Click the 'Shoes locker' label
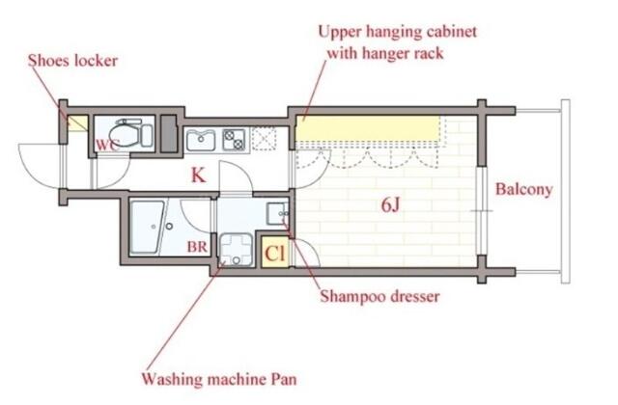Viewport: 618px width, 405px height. pos(72,61)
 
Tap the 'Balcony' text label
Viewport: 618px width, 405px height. pos(523,189)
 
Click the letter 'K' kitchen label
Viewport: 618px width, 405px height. pos(197,175)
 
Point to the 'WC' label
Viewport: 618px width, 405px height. pos(106,145)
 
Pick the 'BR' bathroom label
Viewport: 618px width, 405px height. pos(197,247)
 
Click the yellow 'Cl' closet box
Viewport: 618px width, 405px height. pos(275,254)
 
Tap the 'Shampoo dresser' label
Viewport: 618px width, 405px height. pos(379,296)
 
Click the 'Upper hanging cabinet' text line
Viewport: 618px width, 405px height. pos(398,32)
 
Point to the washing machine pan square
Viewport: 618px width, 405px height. pos(236,251)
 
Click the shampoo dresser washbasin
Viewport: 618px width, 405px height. pos(275,211)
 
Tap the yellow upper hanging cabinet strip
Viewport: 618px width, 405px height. pos(367,128)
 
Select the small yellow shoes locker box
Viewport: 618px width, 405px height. pos(76,123)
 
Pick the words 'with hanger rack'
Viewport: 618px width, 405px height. pos(385,54)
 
